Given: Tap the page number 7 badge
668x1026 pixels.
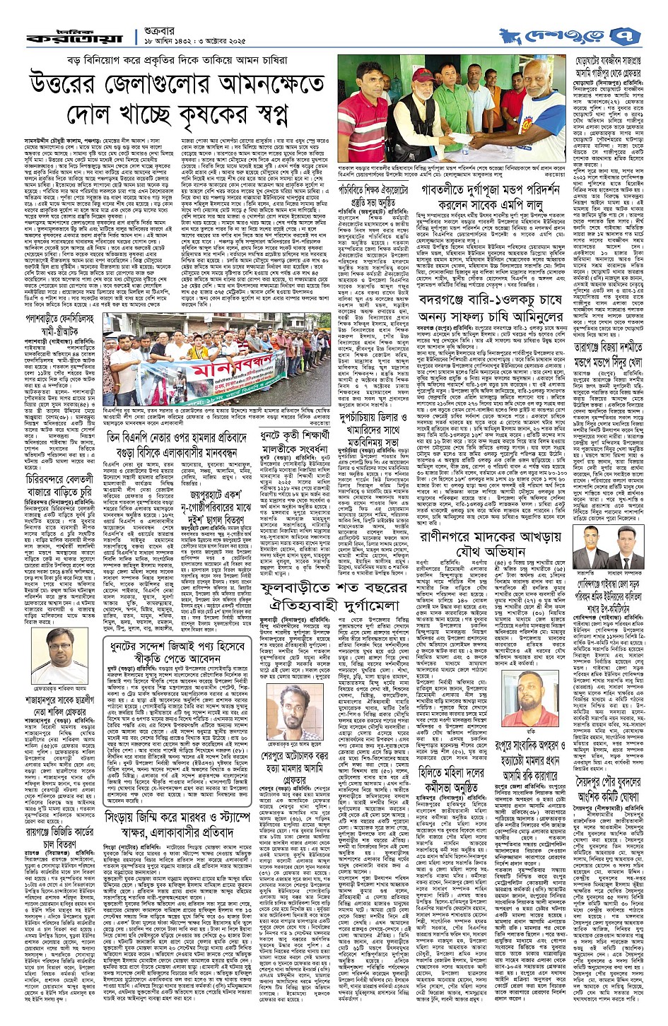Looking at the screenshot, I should point(650,33).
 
